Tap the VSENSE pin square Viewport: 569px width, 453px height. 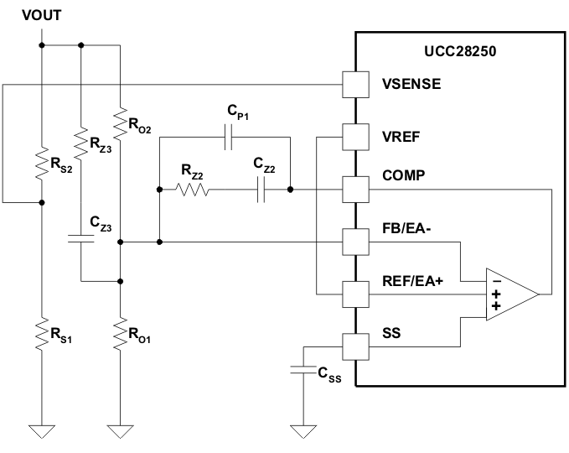click(x=355, y=84)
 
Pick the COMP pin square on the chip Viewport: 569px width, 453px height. click(x=355, y=190)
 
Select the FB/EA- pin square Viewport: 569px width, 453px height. click(x=355, y=242)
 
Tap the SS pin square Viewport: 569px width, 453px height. click(x=355, y=346)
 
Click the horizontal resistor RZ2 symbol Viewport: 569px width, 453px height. click(x=192, y=190)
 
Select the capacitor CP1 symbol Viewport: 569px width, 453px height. click(x=227, y=137)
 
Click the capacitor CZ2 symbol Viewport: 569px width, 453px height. click(x=261, y=190)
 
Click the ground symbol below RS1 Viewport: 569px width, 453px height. click(x=41, y=431)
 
